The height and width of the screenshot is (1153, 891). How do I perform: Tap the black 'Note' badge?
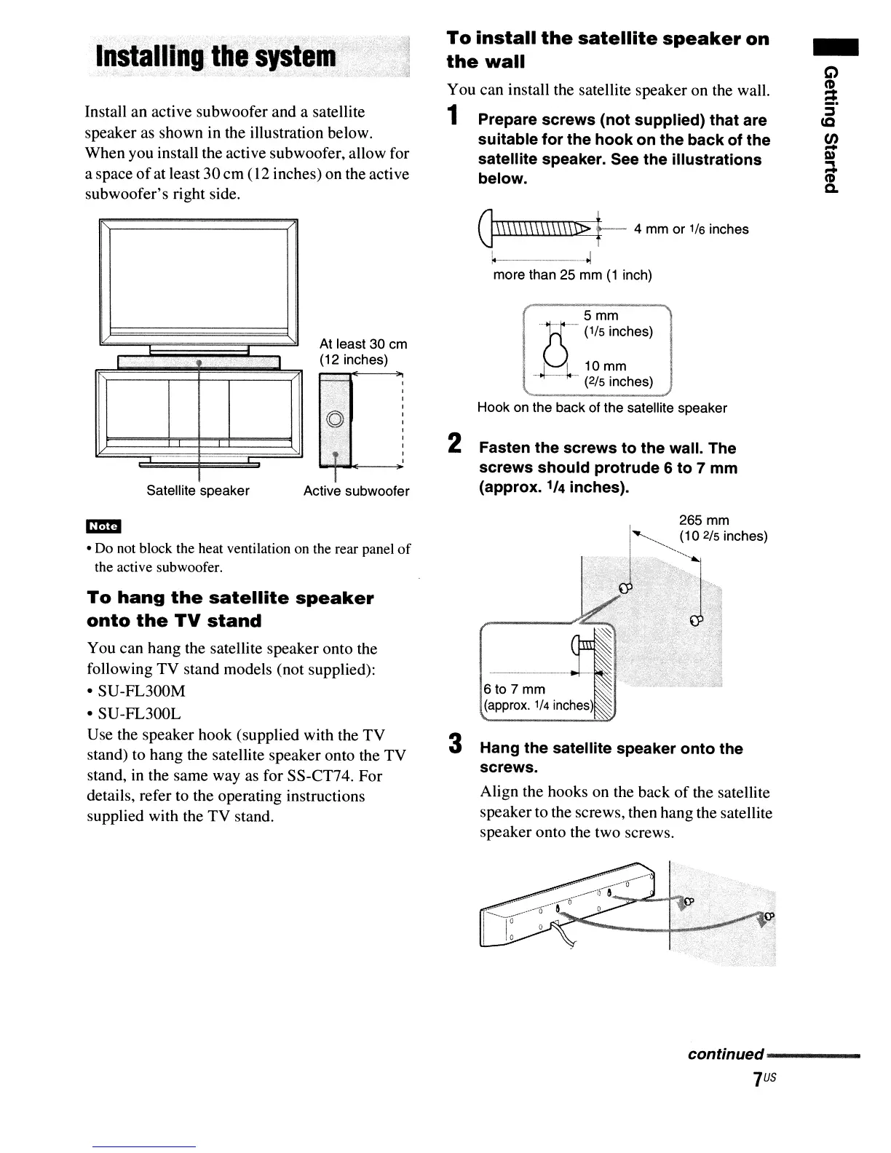coord(103,526)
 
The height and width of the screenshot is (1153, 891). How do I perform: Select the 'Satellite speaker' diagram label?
coord(198,491)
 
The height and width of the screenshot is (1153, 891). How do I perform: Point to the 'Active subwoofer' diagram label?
coord(356,491)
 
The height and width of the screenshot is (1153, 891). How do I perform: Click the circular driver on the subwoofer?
coord(334,419)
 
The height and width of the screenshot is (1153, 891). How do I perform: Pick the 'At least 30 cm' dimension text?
coord(363,344)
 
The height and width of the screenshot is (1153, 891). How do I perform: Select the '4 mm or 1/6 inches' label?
coord(691,229)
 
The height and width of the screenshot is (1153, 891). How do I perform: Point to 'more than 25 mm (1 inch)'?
coord(572,275)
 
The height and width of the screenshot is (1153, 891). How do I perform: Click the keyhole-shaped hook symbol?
coord(556,353)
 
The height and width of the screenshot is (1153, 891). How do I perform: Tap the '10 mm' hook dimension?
coord(605,366)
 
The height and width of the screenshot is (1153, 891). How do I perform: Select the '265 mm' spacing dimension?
coord(704,520)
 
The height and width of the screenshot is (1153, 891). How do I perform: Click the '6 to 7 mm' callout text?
coord(515,689)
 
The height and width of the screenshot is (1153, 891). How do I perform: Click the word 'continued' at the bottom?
coord(726,1055)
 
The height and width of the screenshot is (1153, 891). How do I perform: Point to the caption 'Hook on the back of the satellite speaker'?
coord(602,408)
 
